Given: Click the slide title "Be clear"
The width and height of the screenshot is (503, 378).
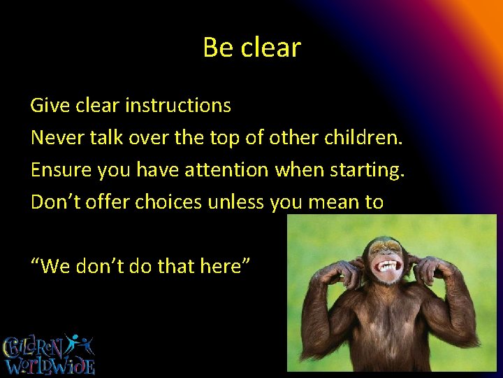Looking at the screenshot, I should (x=251, y=48).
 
